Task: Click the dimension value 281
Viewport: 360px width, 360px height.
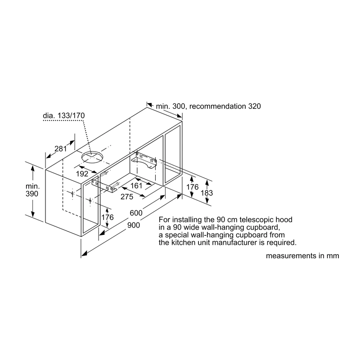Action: pos(61,149)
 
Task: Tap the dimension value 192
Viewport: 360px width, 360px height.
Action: pos(82,174)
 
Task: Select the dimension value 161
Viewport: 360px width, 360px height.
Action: pos(136,185)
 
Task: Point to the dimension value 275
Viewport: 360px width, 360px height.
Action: pos(127,197)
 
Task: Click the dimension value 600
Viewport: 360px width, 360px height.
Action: pos(136,213)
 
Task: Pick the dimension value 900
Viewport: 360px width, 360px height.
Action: pos(134,225)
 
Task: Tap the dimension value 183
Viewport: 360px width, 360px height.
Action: pos(207,193)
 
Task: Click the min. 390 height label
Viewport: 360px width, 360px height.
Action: pos(32,190)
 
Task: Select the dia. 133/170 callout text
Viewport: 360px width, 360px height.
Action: pos(64,116)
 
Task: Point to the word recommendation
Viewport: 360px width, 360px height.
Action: pos(218,106)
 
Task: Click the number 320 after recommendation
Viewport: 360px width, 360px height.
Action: pos(254,106)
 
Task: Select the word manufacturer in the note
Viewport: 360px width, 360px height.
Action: pos(238,243)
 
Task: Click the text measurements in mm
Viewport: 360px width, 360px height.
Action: pos(302,256)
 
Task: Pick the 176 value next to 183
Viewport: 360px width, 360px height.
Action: pos(192,187)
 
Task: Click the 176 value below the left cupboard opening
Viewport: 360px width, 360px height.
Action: pos(108,217)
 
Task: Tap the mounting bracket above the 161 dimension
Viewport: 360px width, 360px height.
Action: pos(144,160)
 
